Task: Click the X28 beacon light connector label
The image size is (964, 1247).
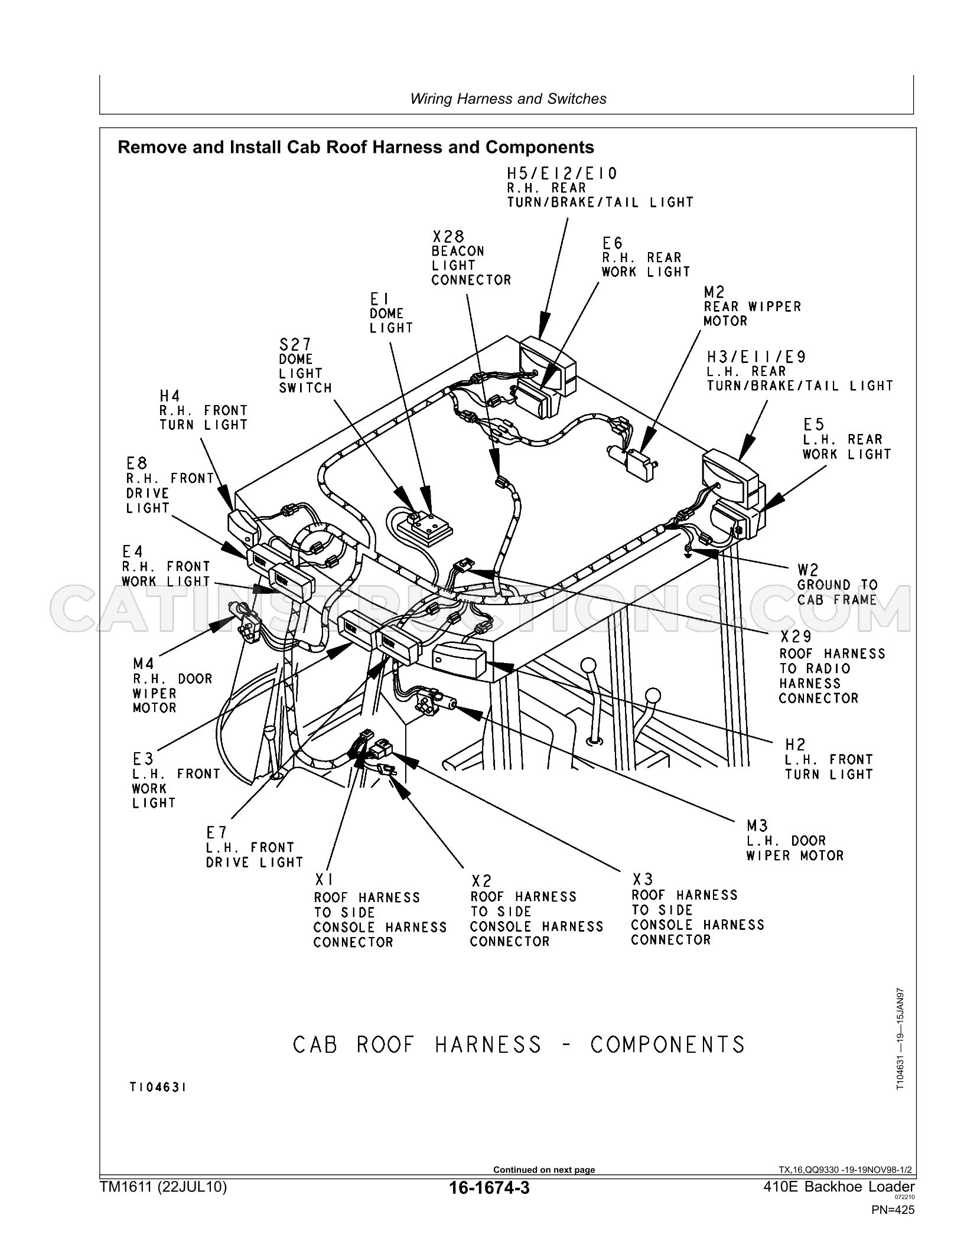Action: [x=471, y=258]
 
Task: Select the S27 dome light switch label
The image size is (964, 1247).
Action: [x=305, y=365]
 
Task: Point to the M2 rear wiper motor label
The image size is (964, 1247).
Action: [x=752, y=306]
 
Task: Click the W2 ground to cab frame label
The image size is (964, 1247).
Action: [x=837, y=585]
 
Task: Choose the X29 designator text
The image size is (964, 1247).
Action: [x=795, y=636]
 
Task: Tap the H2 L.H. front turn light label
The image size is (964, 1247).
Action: [x=828, y=759]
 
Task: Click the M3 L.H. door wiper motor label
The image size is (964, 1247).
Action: [x=795, y=840]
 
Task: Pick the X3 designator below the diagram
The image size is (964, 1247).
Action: [x=642, y=879]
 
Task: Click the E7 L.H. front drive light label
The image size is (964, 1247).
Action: [x=254, y=847]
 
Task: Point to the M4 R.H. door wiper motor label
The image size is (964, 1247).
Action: [x=172, y=685]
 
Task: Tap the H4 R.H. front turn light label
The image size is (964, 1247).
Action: [x=203, y=410]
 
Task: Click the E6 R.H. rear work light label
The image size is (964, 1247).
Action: [x=646, y=257]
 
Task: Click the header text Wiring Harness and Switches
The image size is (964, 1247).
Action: [x=508, y=99]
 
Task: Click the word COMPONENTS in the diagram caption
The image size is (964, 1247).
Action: [x=667, y=1044]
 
